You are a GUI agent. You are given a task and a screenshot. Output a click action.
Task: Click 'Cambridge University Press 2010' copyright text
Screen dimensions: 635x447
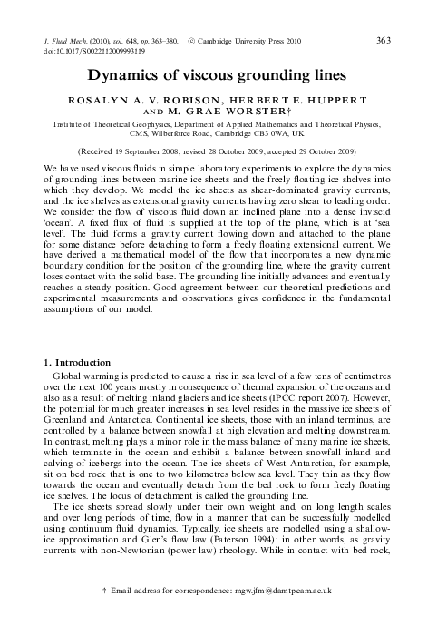258,42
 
